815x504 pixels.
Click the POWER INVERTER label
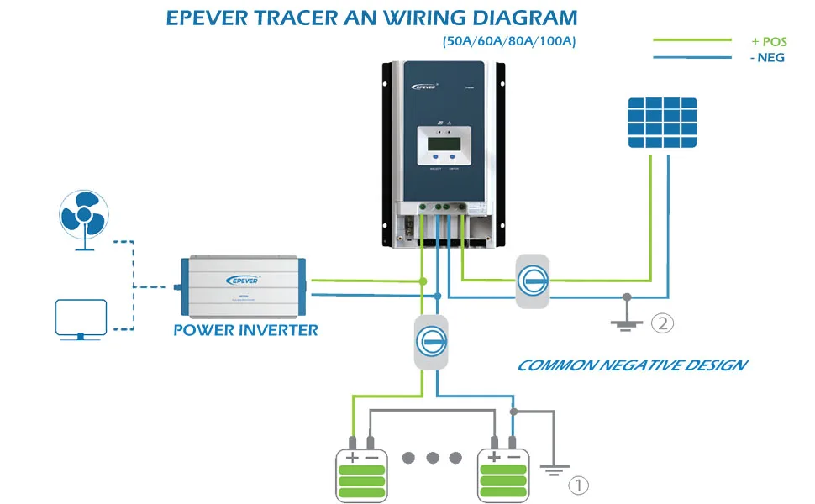click(x=246, y=329)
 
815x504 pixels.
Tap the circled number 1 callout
click(x=579, y=485)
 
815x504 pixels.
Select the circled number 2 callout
click(x=663, y=323)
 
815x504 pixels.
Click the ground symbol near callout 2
click(x=625, y=321)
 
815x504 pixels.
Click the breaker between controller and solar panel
click(x=532, y=281)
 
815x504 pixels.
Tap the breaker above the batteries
click(x=430, y=340)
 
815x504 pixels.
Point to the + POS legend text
click(x=769, y=41)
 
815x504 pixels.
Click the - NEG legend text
click(x=768, y=58)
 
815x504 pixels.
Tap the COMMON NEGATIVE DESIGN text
click(x=632, y=365)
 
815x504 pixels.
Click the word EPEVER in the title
click(x=212, y=18)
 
